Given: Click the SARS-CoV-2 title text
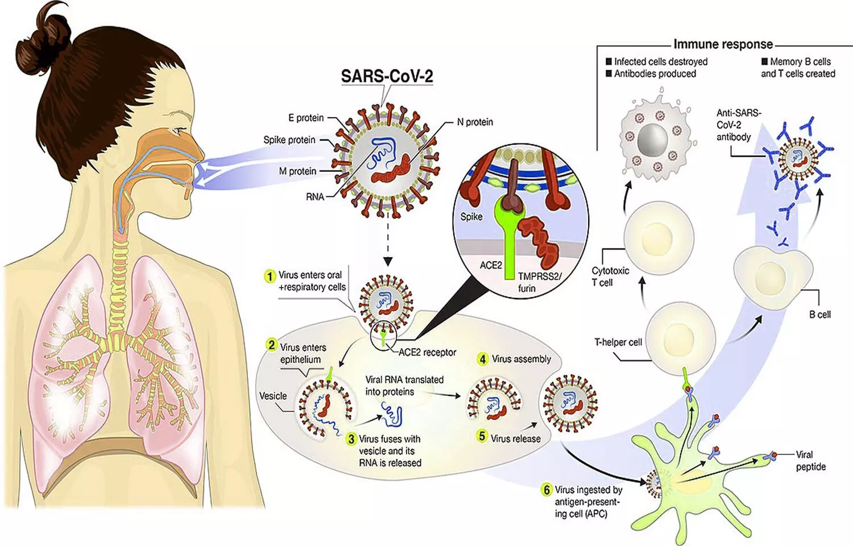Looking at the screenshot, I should click(387, 76).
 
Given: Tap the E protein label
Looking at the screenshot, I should click(306, 118).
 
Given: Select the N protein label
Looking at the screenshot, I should click(475, 122).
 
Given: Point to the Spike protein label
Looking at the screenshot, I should click(289, 140).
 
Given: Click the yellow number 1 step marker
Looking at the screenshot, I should click(270, 276).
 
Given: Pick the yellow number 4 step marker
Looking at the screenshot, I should click(483, 359).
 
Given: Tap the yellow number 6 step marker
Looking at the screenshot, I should click(546, 490).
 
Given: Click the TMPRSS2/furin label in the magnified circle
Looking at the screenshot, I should click(539, 282).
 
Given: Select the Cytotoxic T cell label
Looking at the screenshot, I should click(610, 276).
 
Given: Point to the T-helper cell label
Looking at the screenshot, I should click(618, 342).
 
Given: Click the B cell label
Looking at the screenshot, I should click(819, 315).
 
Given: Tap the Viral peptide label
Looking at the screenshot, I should click(810, 461).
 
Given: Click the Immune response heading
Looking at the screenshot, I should click(723, 44).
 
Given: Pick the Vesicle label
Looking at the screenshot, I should click(273, 396).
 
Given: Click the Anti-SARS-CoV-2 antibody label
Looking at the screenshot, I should click(738, 125).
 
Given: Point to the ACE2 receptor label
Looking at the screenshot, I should click(427, 353).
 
